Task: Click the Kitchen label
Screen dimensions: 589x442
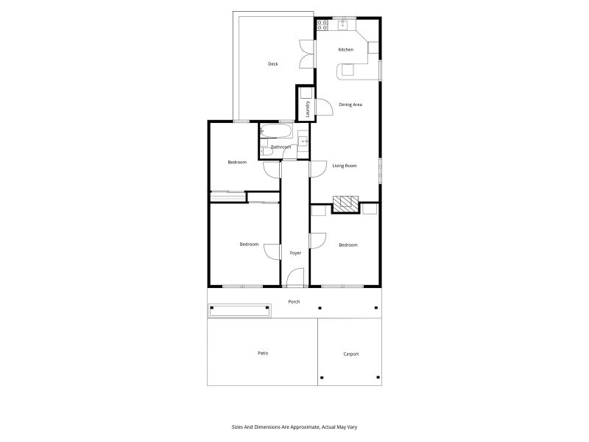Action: [345, 49]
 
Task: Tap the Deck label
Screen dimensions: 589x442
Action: [273, 64]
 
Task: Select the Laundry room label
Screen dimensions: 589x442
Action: [307, 109]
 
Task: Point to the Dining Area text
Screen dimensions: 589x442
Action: [350, 105]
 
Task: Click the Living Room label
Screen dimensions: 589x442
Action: [345, 166]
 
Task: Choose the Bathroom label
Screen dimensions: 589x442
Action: [281, 147]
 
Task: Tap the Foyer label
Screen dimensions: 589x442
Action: [295, 253]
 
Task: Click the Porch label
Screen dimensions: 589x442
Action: [294, 301]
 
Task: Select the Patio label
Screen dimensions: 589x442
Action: [263, 354]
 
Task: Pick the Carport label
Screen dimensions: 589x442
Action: [351, 354]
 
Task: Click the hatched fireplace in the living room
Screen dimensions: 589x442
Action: [345, 205]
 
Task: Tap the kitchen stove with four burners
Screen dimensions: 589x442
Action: [322, 25]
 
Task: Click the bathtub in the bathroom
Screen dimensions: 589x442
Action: [275, 131]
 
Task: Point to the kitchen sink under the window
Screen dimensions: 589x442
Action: [342, 25]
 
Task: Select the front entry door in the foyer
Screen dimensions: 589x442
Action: [295, 278]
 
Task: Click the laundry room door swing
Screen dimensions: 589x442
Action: [324, 107]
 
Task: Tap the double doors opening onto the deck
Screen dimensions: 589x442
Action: [307, 54]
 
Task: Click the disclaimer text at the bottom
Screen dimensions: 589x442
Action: [294, 427]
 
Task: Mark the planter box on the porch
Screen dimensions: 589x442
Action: [240, 311]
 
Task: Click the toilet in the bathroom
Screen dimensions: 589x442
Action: [266, 152]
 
